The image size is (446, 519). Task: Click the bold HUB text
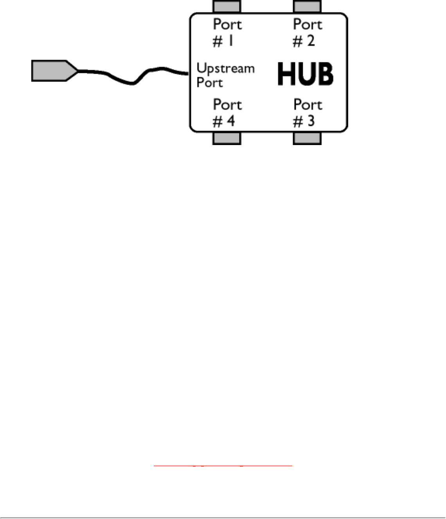305,74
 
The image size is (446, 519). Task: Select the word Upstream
225,69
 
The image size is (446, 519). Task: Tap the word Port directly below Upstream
210,83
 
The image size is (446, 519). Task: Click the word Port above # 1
227,25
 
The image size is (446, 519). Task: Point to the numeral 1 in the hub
231,41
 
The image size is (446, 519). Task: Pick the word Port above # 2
308,25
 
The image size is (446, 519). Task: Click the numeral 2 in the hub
311,41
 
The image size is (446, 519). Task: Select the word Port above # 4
227,105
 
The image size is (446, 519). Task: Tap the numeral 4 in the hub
231,121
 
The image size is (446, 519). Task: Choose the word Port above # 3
308,105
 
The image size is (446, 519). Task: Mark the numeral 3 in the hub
311,121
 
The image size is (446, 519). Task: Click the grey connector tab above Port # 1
227,6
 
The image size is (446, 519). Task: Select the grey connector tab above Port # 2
307,6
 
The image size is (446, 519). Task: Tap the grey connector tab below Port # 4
227,138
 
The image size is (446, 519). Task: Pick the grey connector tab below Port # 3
307,138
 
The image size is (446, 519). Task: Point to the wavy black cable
133,82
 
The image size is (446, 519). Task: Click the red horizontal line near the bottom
223,466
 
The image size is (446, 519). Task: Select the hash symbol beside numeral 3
298,122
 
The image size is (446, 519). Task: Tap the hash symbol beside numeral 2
298,42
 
